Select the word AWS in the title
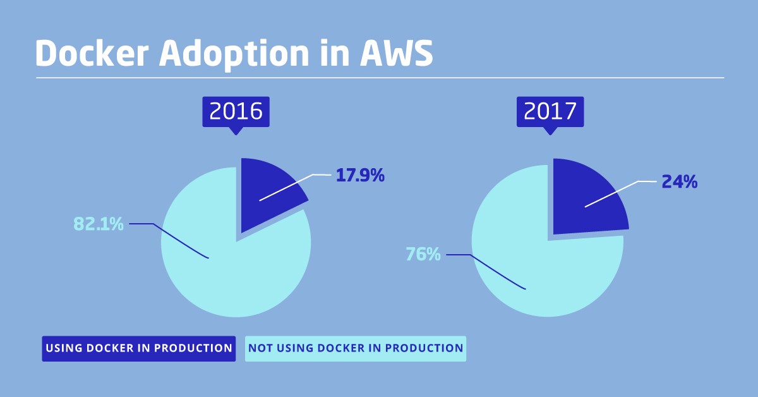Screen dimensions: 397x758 click(x=396, y=54)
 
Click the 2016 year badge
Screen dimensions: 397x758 click(x=236, y=111)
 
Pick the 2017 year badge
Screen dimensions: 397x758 click(x=550, y=111)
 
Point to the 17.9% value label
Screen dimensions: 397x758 click(x=360, y=176)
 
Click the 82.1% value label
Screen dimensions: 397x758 click(x=99, y=224)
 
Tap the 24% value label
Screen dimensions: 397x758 click(x=679, y=182)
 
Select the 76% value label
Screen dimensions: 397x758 click(x=423, y=255)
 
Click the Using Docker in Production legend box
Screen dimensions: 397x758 click(x=139, y=348)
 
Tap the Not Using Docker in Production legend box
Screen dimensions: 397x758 click(x=356, y=348)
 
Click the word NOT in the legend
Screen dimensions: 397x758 click(x=260, y=348)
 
